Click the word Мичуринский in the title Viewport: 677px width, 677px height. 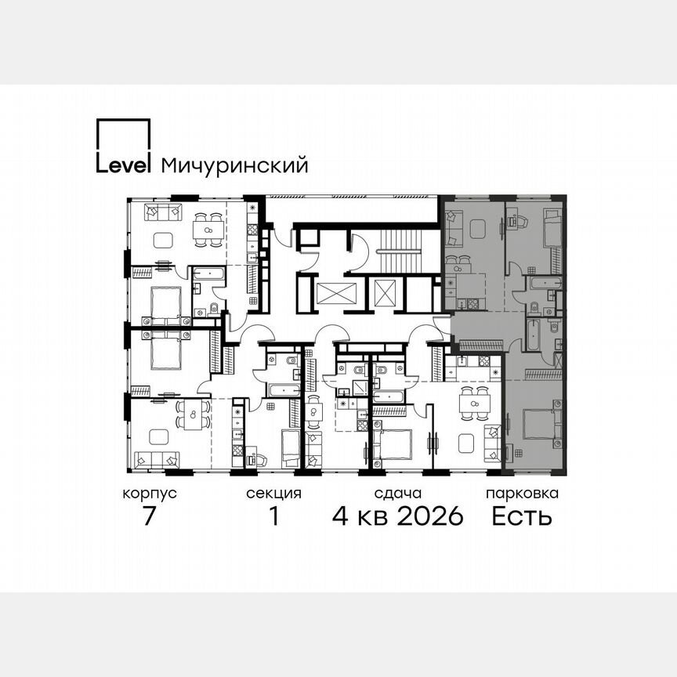pyautogui.click(x=234, y=165)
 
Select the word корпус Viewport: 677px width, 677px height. pyautogui.click(x=149, y=494)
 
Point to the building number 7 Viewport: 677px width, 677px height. pyautogui.click(x=150, y=517)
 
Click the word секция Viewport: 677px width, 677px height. pyautogui.click(x=273, y=494)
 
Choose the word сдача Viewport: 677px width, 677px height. pyautogui.click(x=398, y=494)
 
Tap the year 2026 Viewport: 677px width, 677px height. pyautogui.click(x=429, y=517)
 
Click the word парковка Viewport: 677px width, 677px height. pyautogui.click(x=522, y=494)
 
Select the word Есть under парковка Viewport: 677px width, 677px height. pyautogui.click(x=522, y=517)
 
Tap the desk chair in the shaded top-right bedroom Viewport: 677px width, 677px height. pyautogui.click(x=517, y=223)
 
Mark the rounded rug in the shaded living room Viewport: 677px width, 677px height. pyautogui.click(x=479, y=229)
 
